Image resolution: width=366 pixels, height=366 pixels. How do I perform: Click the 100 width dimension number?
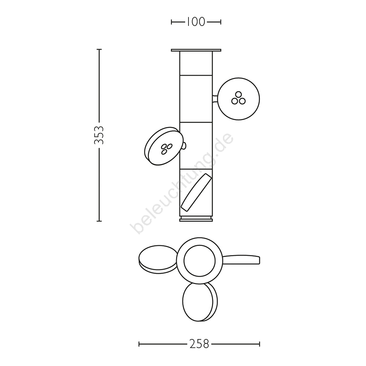click(196, 22)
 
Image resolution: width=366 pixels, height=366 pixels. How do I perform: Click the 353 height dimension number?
click(99, 135)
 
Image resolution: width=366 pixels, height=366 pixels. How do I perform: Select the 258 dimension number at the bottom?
click(199, 344)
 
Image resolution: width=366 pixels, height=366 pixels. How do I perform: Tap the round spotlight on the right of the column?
click(239, 99)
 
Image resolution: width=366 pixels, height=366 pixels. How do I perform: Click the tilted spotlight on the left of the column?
click(163, 146)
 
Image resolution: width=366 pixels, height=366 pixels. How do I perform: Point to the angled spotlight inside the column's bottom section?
click(196, 192)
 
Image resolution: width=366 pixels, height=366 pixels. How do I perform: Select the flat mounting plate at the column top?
click(196, 50)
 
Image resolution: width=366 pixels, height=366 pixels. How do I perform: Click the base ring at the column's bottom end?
click(196, 219)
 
